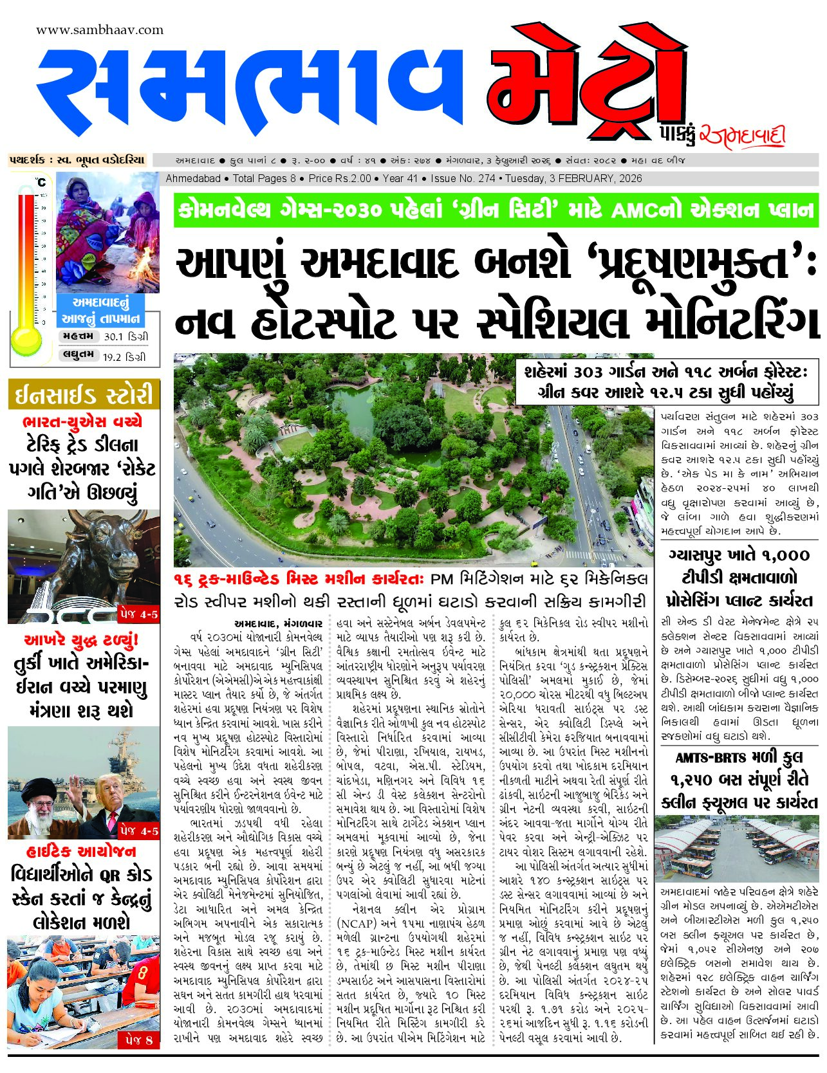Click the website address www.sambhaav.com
[x=100, y=30]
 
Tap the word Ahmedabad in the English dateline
[x=193, y=178]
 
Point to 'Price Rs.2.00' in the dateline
[x=340, y=178]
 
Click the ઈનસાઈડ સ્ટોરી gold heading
[x=84, y=394]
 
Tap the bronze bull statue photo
[x=84, y=566]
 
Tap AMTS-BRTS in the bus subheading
[x=710, y=758]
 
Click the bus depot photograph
[x=736, y=848]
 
